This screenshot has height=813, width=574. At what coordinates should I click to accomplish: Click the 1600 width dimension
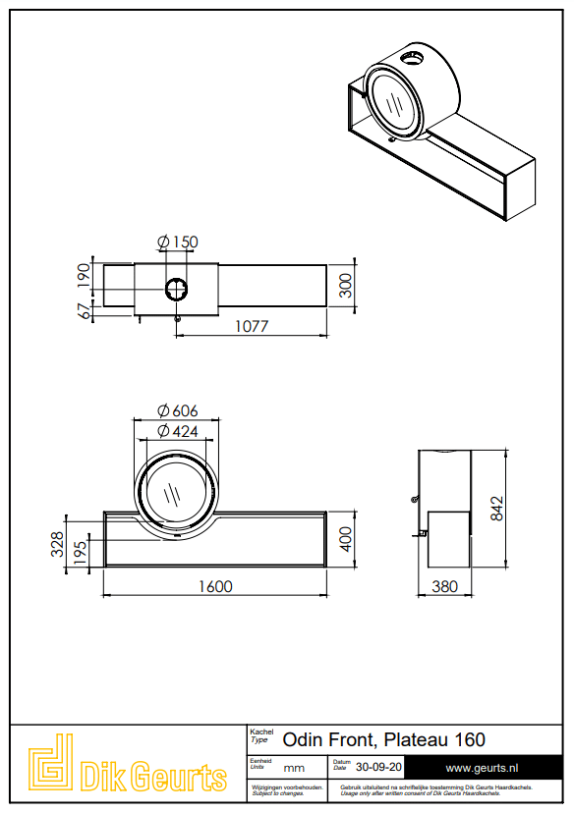pyautogui.click(x=215, y=586)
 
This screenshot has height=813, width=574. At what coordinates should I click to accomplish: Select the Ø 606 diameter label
pyautogui.click(x=178, y=410)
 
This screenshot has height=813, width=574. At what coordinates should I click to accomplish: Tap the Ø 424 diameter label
pyautogui.click(x=178, y=431)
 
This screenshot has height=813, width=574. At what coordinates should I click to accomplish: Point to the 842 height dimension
pyautogui.click(x=496, y=509)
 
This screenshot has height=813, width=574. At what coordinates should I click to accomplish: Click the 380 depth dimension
pyautogui.click(x=445, y=586)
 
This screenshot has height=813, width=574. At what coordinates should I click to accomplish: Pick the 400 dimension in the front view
pyautogui.click(x=346, y=539)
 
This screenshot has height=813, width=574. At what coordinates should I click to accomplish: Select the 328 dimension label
pyautogui.click(x=58, y=544)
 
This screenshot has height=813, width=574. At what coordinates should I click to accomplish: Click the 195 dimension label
pyautogui.click(x=81, y=553)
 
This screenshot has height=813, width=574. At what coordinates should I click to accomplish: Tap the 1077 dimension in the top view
pyautogui.click(x=252, y=326)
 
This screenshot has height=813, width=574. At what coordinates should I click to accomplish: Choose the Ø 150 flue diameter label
pyautogui.click(x=178, y=242)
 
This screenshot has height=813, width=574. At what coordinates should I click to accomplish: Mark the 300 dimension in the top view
pyautogui.click(x=346, y=285)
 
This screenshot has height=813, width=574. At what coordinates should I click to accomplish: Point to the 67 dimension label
pyautogui.click(x=84, y=311)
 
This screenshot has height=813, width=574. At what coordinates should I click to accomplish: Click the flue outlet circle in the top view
pyautogui.click(x=177, y=289)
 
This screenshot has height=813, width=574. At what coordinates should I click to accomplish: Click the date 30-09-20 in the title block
pyautogui.click(x=378, y=767)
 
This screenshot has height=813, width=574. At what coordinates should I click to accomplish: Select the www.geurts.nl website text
pyautogui.click(x=483, y=768)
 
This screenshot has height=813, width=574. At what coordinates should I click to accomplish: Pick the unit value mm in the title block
pyautogui.click(x=294, y=769)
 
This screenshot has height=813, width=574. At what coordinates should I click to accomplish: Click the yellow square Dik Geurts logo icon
pyautogui.click(x=50, y=762)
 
